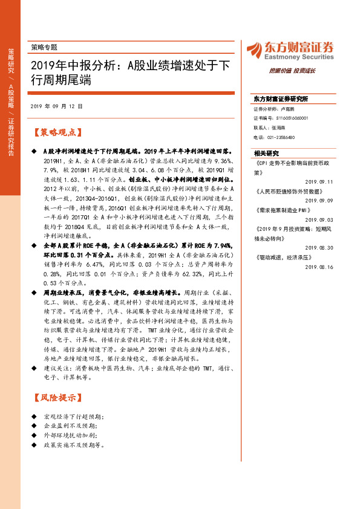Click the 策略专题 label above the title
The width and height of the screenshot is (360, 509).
click(x=44, y=47)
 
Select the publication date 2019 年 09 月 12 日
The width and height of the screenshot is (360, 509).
click(x=56, y=106)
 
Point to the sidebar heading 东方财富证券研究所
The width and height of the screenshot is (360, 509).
click(x=281, y=99)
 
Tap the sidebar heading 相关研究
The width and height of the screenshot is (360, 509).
click(x=266, y=153)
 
